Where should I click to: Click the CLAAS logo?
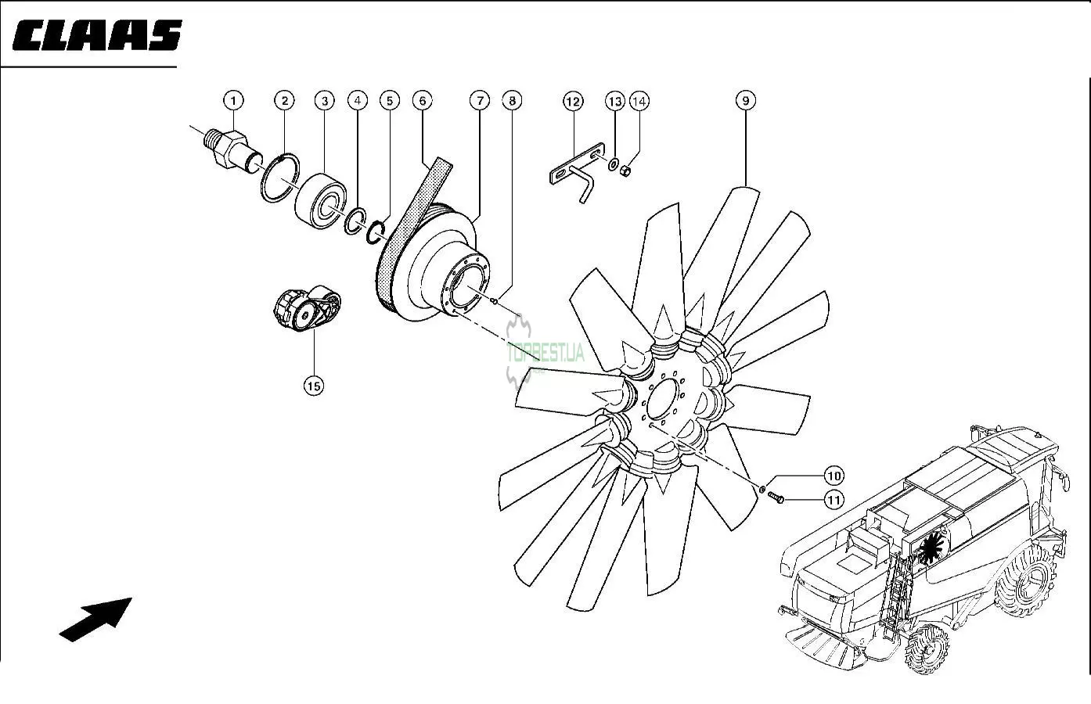click(x=97, y=35)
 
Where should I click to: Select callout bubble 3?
click(x=324, y=101)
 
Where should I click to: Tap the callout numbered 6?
click(x=422, y=101)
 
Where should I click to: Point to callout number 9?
click(x=745, y=100)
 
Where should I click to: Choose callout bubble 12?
click(x=573, y=102)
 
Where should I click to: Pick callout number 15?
click(x=313, y=385)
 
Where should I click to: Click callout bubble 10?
click(x=833, y=476)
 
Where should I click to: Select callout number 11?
click(x=833, y=499)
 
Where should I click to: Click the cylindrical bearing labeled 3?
click(x=320, y=202)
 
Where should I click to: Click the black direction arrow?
click(x=96, y=619)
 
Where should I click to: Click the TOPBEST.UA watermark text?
click(x=545, y=353)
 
